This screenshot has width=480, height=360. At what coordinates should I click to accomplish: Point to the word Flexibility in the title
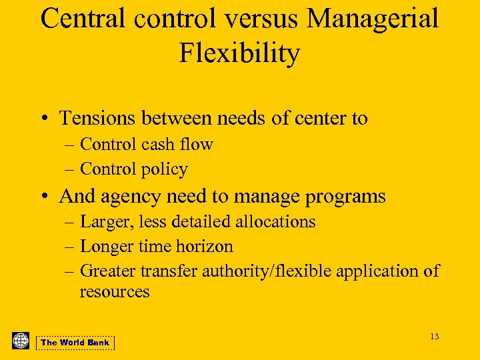pyautogui.click(x=239, y=53)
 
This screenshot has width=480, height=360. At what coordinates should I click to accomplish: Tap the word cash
pyautogui.click(x=169, y=144)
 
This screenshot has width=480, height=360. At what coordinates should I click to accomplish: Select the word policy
pyautogui.click(x=163, y=169)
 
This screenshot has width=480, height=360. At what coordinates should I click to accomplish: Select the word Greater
pyautogui.click(x=108, y=271)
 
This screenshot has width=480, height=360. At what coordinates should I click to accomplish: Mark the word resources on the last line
pyautogui.click(x=114, y=291)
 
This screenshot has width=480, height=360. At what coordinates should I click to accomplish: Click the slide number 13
pyautogui.click(x=434, y=337)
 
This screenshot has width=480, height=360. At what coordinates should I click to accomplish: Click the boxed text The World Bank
pyautogui.click(x=75, y=343)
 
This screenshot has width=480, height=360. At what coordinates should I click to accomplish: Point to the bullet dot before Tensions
pyautogui.click(x=43, y=119)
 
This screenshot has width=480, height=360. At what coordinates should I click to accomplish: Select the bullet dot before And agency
pyautogui.click(x=43, y=197)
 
